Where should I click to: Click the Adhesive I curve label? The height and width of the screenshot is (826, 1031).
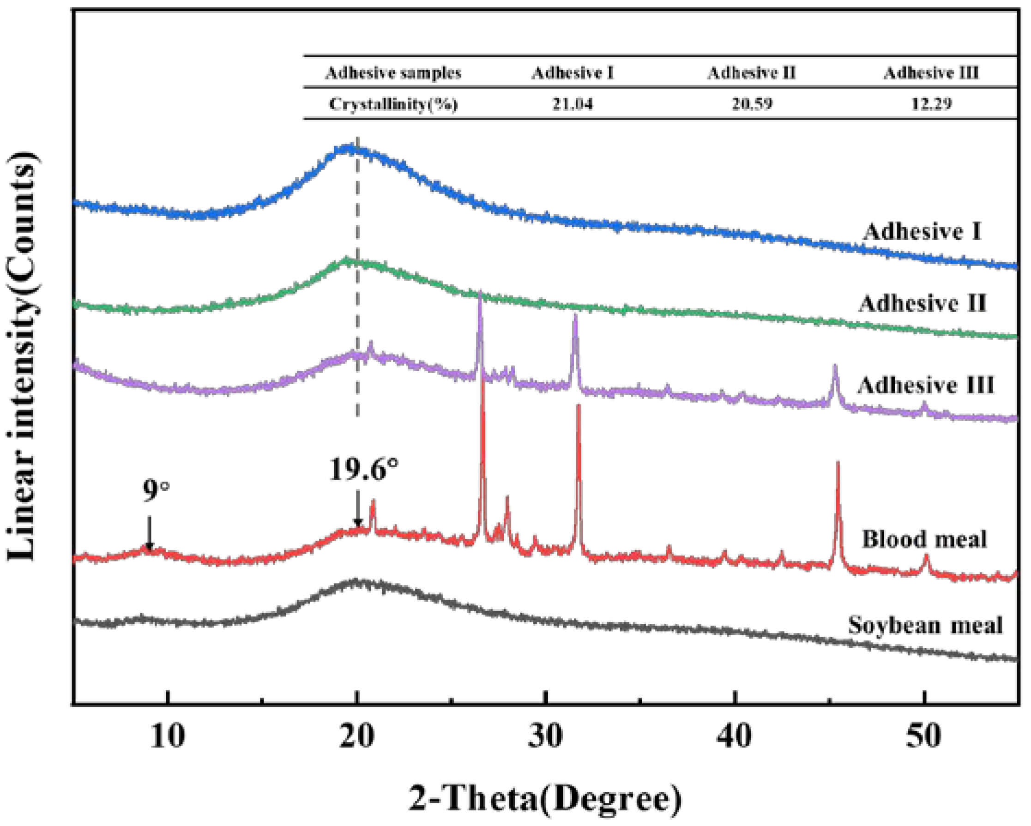(922, 232)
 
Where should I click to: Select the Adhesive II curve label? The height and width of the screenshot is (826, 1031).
(922, 303)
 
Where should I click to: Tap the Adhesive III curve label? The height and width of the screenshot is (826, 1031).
(925, 385)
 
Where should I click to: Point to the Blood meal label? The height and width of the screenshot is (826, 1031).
(924, 539)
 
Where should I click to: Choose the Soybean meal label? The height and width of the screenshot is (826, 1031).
(925, 625)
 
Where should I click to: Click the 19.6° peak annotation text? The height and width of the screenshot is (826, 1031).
(363, 470)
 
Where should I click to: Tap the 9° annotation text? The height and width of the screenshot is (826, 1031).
(156, 490)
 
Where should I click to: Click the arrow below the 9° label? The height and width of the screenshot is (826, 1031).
(149, 533)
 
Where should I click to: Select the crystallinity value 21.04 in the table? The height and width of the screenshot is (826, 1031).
(573, 103)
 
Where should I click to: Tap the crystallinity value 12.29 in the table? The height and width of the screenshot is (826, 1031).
(931, 103)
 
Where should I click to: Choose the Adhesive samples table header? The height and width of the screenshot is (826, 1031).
(393, 73)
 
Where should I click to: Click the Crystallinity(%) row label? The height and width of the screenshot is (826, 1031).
(393, 104)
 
